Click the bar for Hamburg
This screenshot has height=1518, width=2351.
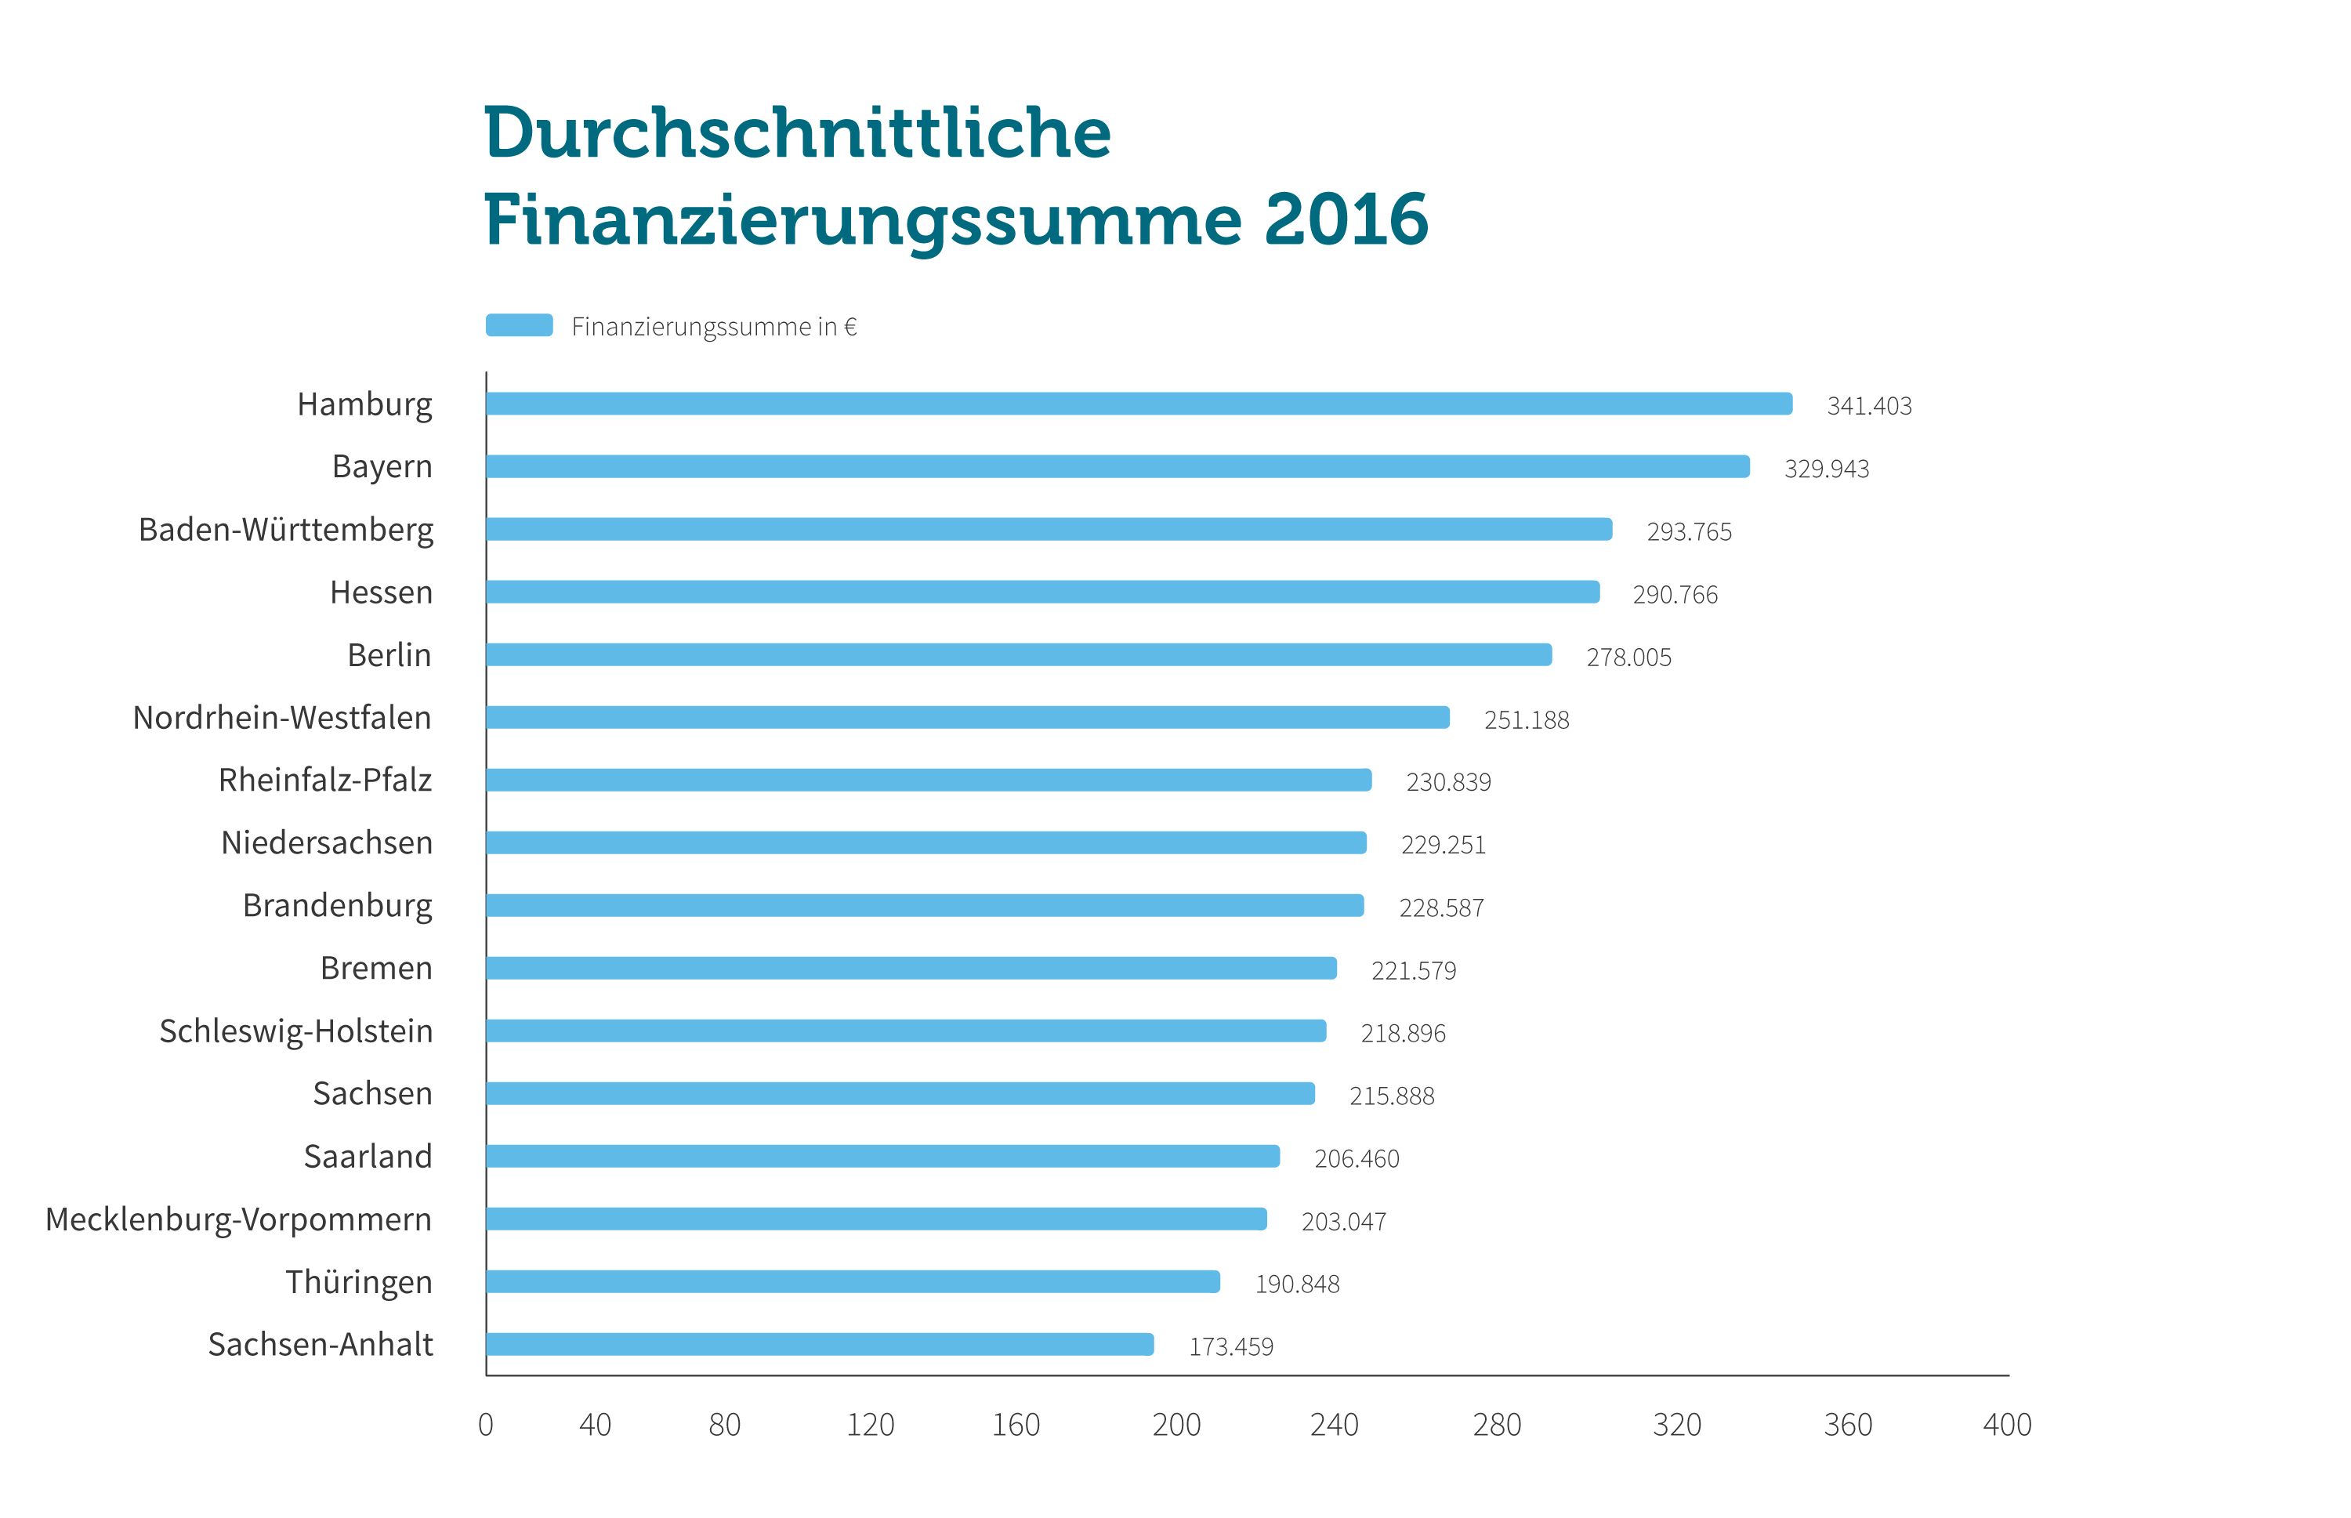tap(1139, 404)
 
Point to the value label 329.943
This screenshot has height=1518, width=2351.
tap(1826, 469)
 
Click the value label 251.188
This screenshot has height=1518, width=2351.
tap(1526, 720)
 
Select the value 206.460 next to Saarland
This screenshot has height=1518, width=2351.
tap(1357, 1159)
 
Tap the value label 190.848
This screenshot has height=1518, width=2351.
tap(1296, 1284)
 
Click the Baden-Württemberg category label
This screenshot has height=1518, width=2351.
tap(286, 531)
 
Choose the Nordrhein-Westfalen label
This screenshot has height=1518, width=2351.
tap(282, 718)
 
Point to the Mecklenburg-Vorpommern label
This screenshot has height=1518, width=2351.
tap(238, 1219)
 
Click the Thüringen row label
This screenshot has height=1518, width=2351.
tap(359, 1282)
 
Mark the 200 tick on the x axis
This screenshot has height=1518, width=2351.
tap(1176, 1426)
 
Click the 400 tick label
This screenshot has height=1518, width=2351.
tap(2006, 1426)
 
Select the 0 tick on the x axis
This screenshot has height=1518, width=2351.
tap(486, 1426)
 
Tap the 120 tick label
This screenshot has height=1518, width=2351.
tap(871, 1426)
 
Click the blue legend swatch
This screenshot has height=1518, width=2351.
tap(520, 325)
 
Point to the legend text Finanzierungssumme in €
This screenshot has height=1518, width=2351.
tap(714, 328)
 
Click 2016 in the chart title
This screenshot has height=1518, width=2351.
tap(1346, 219)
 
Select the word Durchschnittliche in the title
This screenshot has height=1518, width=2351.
tap(796, 133)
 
